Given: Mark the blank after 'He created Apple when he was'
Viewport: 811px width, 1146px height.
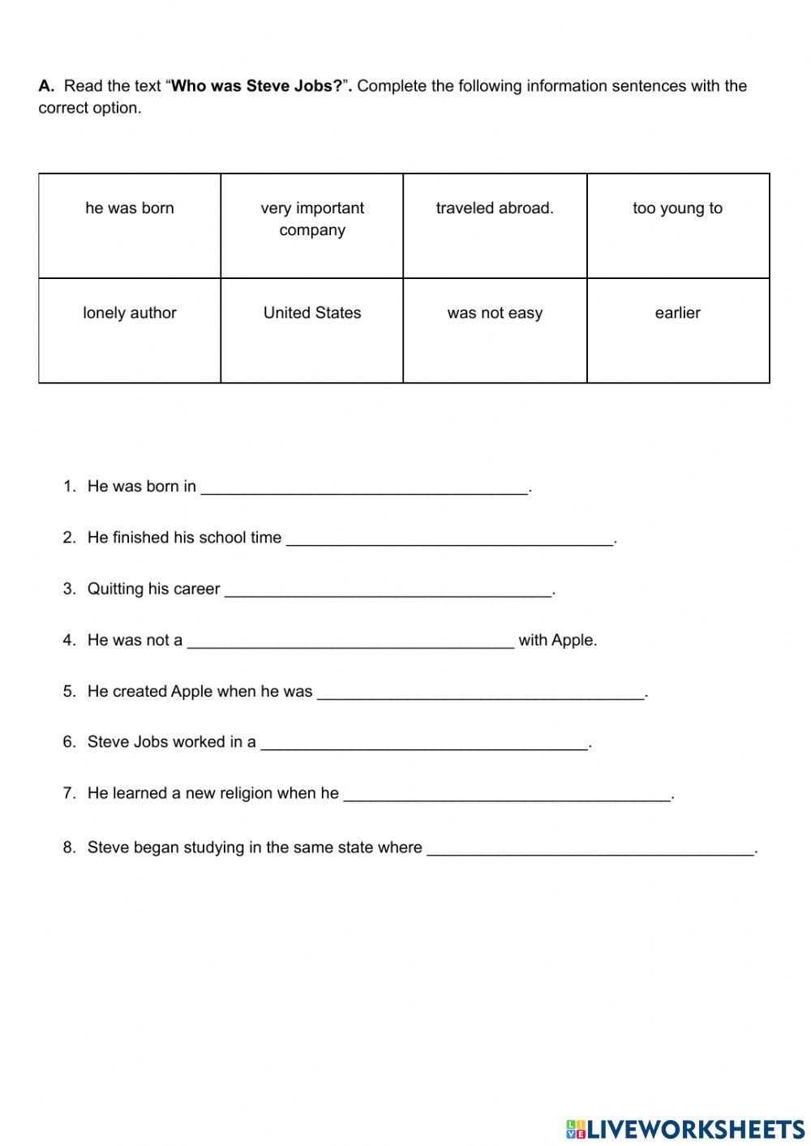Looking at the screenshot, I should (480, 692).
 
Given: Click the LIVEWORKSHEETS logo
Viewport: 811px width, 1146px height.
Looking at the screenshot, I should (685, 1128).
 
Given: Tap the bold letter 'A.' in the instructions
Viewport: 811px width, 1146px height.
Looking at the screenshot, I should (46, 86).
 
